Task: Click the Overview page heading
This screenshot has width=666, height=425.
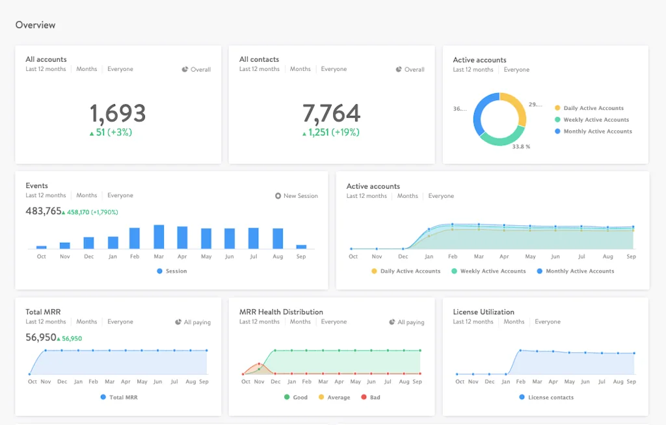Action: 35,25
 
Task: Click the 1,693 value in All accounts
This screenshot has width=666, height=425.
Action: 118,113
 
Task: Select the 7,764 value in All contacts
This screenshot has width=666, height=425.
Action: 331,113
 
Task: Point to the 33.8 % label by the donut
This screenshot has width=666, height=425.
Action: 521,147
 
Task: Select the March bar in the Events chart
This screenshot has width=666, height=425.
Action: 158,237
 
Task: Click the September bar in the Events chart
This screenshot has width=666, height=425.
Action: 301,247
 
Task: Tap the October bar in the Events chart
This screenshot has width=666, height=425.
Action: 42,247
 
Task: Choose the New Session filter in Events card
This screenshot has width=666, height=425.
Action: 297,196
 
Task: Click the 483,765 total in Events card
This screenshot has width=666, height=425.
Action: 44,211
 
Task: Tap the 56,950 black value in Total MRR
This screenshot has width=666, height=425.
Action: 40,338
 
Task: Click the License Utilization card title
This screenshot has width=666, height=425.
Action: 483,312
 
